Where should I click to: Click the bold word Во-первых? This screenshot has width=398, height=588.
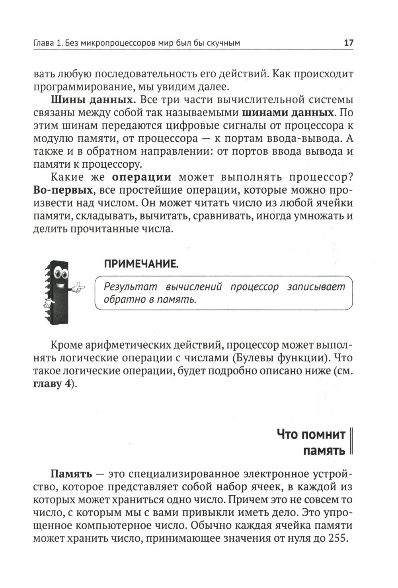click(x=63, y=190)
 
